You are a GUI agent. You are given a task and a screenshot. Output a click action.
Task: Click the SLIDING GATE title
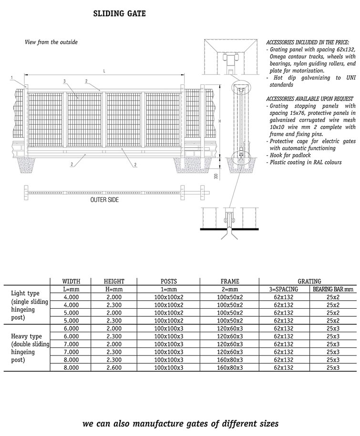click(x=119, y=14)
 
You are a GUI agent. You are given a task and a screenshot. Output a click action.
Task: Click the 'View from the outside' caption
click(x=51, y=42)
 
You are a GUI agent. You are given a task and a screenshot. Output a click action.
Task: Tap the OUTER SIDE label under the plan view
click(x=104, y=200)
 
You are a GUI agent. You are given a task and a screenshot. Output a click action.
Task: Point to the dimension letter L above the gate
click(x=104, y=71)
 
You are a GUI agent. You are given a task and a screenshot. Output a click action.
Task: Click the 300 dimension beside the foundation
click(x=216, y=176)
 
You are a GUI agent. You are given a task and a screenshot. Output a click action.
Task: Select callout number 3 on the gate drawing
click(x=64, y=81)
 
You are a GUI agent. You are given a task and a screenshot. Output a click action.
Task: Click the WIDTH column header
click(x=72, y=282)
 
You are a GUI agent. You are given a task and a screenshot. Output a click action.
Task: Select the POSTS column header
click(x=169, y=282)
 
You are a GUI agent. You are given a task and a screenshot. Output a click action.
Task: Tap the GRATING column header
click(x=309, y=282)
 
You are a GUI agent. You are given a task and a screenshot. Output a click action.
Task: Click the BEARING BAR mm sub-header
click(x=333, y=289)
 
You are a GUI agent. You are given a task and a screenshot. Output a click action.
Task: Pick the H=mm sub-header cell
click(x=114, y=289)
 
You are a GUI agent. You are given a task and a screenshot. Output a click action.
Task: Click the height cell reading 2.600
click(x=114, y=368)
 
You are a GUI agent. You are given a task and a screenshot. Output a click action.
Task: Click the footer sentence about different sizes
click(x=180, y=423)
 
